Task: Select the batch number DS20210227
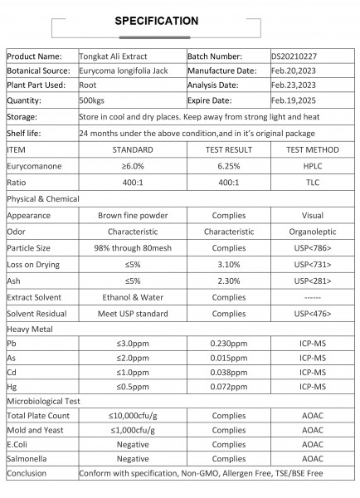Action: (x=299, y=56)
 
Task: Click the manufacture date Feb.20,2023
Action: (x=295, y=71)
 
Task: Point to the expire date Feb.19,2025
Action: (x=295, y=98)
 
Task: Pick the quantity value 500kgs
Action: (x=94, y=98)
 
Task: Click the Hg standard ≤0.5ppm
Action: (x=133, y=387)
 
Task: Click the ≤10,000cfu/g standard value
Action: (x=133, y=415)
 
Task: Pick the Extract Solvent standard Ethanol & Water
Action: (x=133, y=296)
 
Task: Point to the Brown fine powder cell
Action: (x=133, y=215)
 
